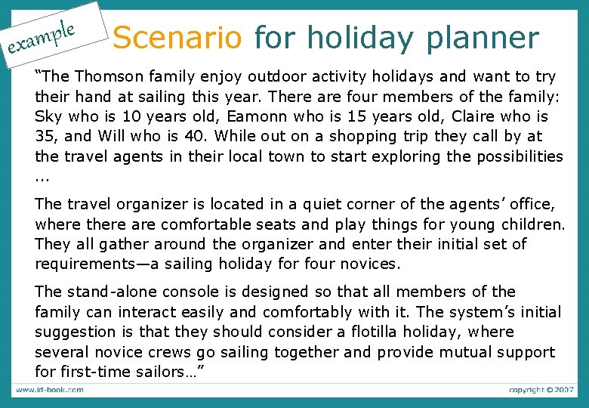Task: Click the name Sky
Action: point(49,116)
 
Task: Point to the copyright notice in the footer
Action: point(540,389)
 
